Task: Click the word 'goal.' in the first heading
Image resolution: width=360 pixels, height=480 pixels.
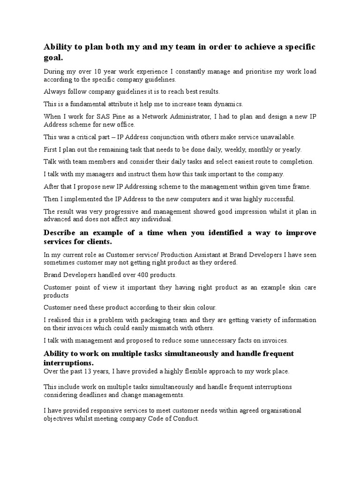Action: (x=53, y=58)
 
